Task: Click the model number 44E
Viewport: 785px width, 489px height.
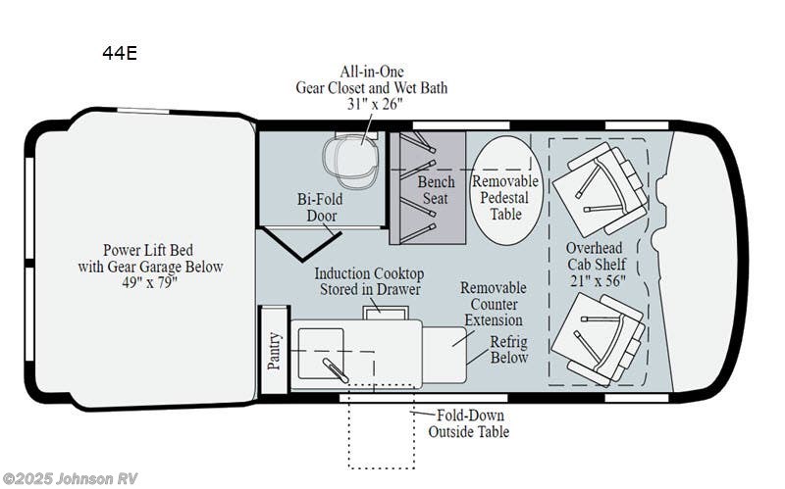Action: (x=120, y=53)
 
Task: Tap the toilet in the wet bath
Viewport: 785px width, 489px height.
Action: (x=350, y=158)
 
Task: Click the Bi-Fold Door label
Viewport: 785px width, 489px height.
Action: (x=321, y=208)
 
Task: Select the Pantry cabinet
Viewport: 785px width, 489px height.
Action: (x=275, y=350)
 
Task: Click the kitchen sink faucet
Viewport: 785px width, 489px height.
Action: (x=336, y=370)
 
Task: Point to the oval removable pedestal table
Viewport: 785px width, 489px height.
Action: (x=506, y=190)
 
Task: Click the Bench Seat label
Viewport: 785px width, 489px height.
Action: (x=436, y=190)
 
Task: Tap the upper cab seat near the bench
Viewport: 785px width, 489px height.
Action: (x=600, y=189)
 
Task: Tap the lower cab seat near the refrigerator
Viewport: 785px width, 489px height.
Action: (x=598, y=339)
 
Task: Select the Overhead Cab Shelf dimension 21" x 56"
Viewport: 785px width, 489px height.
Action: (x=598, y=281)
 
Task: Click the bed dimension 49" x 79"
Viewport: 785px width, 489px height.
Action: (x=150, y=282)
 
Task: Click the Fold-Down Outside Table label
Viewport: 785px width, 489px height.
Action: (x=469, y=423)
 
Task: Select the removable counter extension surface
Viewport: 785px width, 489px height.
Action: (x=445, y=356)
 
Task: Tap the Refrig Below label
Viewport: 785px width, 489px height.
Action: (x=509, y=350)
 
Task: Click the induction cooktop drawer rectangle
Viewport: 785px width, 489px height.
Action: (x=386, y=313)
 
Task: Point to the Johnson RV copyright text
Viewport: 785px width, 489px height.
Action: (x=70, y=478)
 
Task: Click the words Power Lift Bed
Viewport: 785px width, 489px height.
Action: (x=148, y=250)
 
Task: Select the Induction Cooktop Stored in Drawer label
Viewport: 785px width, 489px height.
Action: (x=370, y=281)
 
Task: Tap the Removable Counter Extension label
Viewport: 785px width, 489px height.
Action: (x=494, y=304)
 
